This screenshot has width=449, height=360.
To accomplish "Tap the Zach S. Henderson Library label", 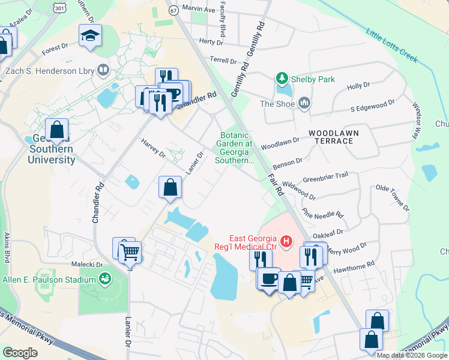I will point(50,71).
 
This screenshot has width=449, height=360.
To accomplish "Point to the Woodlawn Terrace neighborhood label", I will point(331,136).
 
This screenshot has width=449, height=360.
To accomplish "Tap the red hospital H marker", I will point(286,242).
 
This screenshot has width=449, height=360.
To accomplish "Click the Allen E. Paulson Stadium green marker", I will point(106,280).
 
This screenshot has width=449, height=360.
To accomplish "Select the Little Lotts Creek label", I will point(391,46).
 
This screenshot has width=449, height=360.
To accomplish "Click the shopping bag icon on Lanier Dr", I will point(170,187).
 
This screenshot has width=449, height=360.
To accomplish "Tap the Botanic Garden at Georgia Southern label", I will point(235,148).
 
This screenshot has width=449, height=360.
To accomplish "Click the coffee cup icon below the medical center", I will point(268,279).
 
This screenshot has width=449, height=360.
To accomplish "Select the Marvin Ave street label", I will point(198,10).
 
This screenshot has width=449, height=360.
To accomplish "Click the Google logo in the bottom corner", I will point(20,353).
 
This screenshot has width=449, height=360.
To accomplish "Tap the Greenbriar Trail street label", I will point(325,176).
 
